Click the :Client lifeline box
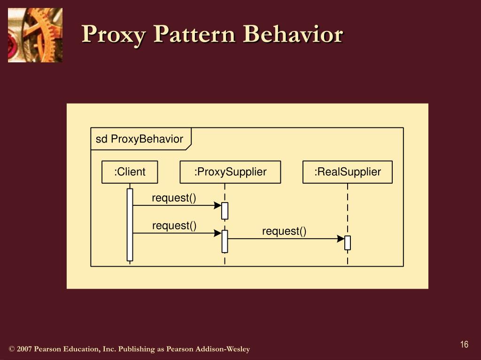(x=130, y=172)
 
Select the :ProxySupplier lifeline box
(x=230, y=172)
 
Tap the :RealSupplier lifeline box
(x=348, y=172)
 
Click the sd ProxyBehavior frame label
(x=140, y=139)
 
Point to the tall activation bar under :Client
(x=130, y=225)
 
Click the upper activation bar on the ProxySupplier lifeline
(x=225, y=211)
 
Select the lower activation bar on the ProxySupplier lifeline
(x=225, y=241)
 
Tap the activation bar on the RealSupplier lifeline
(x=348, y=243)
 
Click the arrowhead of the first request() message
(x=218, y=205)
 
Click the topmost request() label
(x=174, y=198)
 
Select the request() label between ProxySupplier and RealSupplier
(x=284, y=231)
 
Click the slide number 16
(x=465, y=345)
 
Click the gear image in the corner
(x=35, y=35)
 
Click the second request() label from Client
(x=174, y=225)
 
